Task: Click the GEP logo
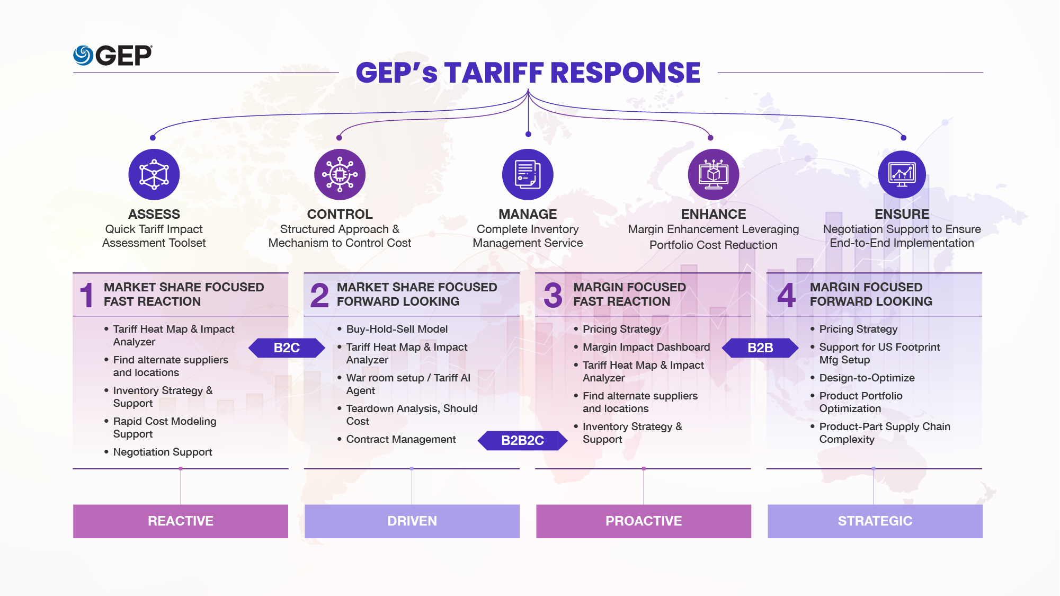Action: pos(113,55)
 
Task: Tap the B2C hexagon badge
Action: pos(287,348)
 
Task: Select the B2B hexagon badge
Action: pos(760,348)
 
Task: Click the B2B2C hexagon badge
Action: pos(522,440)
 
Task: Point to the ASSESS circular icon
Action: pos(154,174)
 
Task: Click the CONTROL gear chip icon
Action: pos(340,174)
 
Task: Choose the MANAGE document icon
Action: pos(528,174)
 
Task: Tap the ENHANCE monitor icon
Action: pos(713,174)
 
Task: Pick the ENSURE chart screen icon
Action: pos(902,174)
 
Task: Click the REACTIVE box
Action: pos(181,521)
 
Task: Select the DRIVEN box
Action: pos(412,521)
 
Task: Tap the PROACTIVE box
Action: pos(644,521)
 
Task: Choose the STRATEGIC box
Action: pos(875,521)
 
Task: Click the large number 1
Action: pos(86,295)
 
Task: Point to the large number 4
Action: pos(786,295)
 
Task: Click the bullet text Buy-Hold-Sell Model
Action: pos(397,329)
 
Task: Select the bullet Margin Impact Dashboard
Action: pos(646,347)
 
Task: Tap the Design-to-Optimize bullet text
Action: pos(867,378)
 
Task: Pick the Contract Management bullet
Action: pos(401,439)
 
